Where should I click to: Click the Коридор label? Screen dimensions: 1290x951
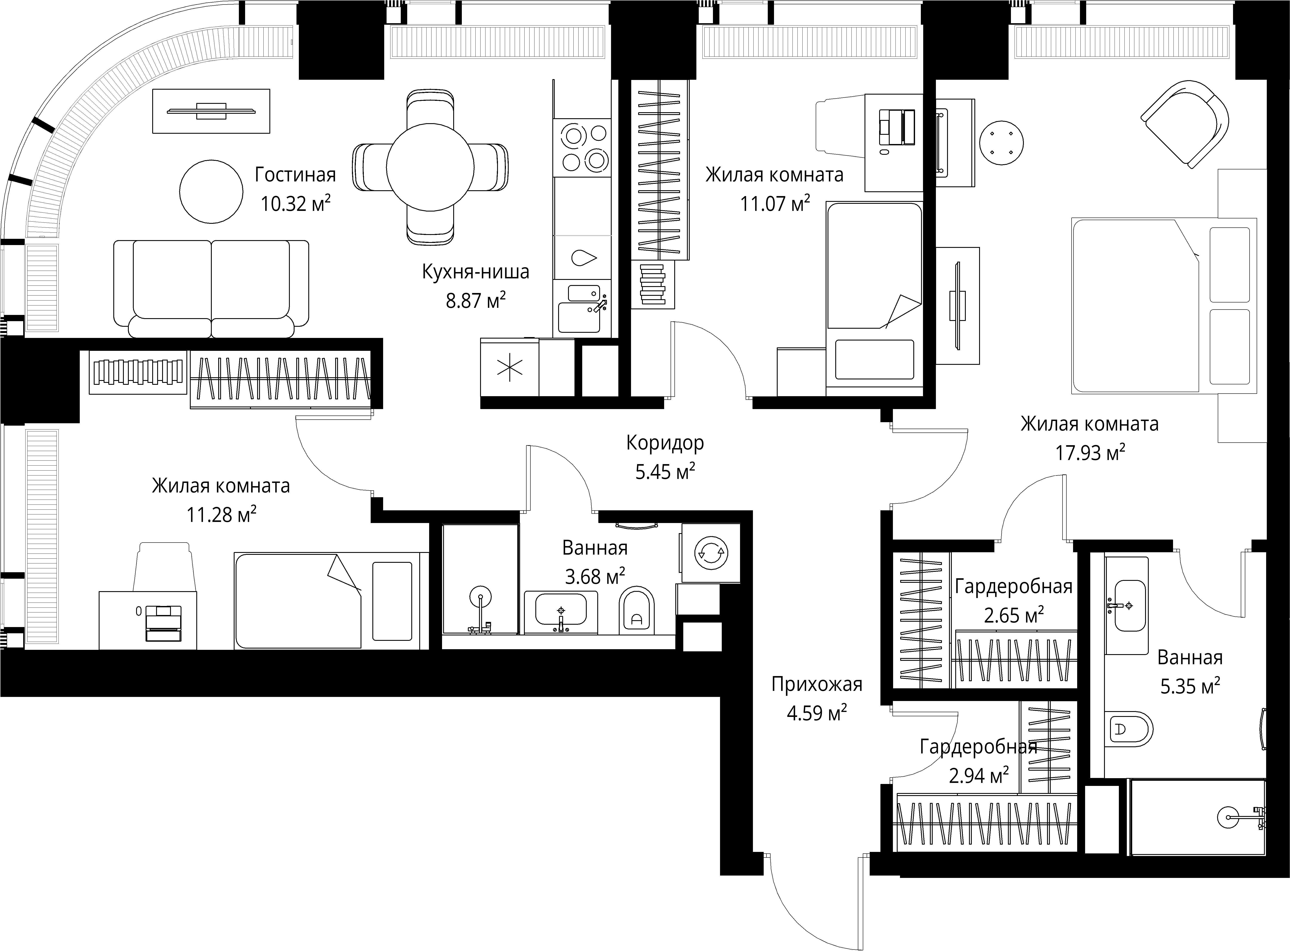point(665,443)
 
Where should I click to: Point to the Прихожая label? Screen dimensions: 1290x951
point(817,684)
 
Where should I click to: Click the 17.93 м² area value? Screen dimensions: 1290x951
point(1090,452)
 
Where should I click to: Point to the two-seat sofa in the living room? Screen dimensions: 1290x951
point(211,288)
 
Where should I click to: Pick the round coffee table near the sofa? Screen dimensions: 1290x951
point(211,191)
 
